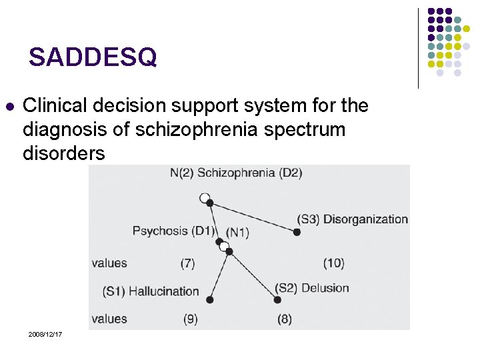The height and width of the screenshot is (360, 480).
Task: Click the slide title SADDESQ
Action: point(93,58)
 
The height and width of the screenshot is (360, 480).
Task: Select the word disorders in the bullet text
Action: point(64,153)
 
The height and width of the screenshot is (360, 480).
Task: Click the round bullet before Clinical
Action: point(9,106)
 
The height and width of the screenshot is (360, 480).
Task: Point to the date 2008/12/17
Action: point(45,333)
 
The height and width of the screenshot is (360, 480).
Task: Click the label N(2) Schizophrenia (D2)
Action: point(236,173)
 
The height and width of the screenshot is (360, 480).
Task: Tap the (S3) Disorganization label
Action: point(353,219)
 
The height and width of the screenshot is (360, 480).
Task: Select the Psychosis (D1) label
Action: point(173,231)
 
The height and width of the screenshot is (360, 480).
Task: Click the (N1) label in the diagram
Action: point(238,232)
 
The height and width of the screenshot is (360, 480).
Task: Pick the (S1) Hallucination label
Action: point(151,291)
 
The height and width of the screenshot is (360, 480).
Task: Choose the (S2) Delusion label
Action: point(313,288)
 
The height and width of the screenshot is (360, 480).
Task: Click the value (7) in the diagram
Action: point(187,263)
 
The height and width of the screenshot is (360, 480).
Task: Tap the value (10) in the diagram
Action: point(333,263)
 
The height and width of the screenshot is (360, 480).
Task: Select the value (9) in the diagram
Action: point(191,319)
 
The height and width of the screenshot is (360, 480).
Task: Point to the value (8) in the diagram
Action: point(285,319)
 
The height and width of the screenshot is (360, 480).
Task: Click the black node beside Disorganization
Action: point(297,232)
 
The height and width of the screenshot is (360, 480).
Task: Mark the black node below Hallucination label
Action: point(210,300)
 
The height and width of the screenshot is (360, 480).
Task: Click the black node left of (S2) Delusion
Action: point(277,300)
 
